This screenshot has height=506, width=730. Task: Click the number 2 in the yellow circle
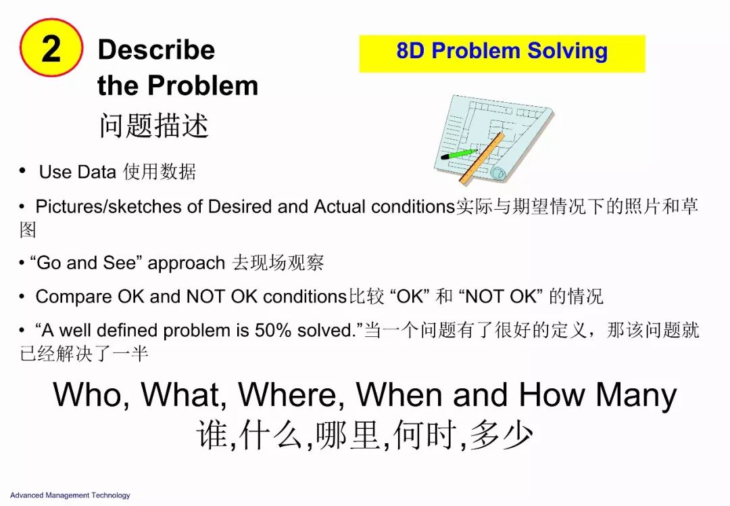tap(51, 49)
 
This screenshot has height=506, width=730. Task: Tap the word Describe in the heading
tap(156, 49)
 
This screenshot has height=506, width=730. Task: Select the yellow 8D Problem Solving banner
tap(502, 53)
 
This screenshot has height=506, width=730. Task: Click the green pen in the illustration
tap(458, 154)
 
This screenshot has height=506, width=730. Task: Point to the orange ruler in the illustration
tap(481, 158)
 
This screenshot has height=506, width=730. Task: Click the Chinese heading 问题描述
tap(153, 125)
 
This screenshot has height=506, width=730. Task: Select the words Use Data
tap(77, 172)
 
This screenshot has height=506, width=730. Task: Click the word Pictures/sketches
tap(108, 206)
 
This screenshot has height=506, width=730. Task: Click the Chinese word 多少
tap(502, 435)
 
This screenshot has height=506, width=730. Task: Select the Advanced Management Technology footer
tap(70, 495)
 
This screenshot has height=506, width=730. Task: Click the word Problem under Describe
tap(203, 86)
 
